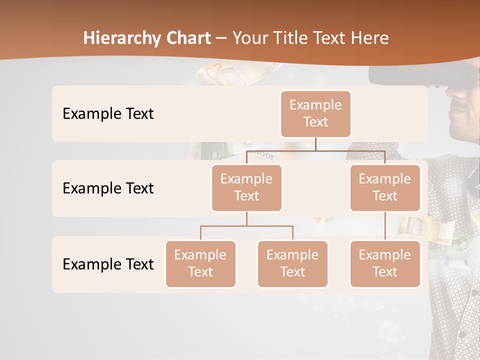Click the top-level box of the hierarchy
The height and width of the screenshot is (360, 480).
tap(315, 113)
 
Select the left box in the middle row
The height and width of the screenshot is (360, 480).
tap(246, 187)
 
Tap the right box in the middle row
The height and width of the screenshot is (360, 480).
tap(385, 187)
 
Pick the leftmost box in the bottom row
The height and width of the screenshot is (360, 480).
tap(200, 263)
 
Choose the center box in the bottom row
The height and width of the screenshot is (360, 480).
tap(292, 263)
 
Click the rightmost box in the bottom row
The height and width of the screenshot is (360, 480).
tap(385, 263)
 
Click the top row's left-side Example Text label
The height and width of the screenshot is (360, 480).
tap(108, 113)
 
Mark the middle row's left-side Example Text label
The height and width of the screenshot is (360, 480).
tap(108, 188)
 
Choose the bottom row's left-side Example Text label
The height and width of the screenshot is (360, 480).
tap(108, 264)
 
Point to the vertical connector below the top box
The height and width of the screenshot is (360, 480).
tap(315, 144)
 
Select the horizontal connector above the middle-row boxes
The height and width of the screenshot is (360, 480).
tap(315, 150)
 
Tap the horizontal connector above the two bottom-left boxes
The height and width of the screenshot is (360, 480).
tap(246, 226)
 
